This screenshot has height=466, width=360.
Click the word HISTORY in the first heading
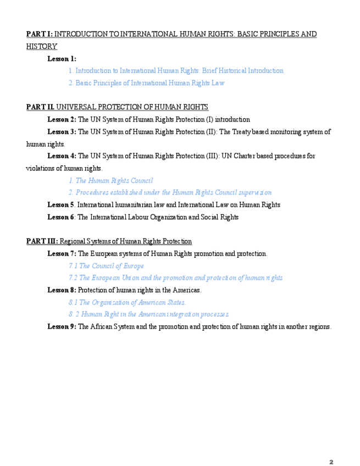pyautogui.click(x=41, y=47)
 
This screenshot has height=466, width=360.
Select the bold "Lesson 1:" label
pyautogui.click(x=62, y=59)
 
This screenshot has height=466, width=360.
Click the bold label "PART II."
pyautogui.click(x=40, y=107)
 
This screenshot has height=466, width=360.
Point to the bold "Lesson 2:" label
pyautogui.click(x=62, y=119)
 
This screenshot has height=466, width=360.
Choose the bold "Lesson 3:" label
pyautogui.click(x=62, y=132)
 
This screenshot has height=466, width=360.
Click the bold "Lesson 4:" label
pyautogui.click(x=62, y=156)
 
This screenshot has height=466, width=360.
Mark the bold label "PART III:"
pyautogui.click(x=42, y=241)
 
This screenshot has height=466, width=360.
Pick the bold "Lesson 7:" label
pyautogui.click(x=62, y=253)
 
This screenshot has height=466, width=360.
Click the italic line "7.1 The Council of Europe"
pyautogui.click(x=106, y=266)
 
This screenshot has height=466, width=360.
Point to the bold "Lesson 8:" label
pyautogui.click(x=62, y=290)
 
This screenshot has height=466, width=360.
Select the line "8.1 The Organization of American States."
pyautogui.click(x=127, y=302)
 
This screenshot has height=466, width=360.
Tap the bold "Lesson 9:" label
pyautogui.click(x=62, y=326)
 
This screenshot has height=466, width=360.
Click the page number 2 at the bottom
pyautogui.click(x=331, y=446)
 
